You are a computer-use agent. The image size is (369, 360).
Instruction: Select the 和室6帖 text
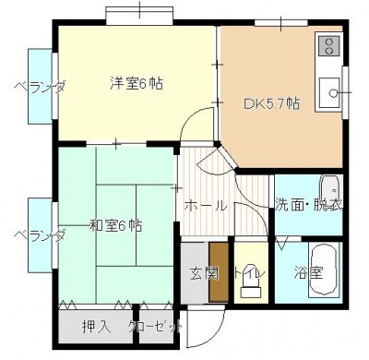pyautogui.click(x=116, y=224)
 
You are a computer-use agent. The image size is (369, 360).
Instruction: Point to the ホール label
pyautogui.click(x=205, y=206)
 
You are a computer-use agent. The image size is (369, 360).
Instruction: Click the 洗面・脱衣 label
pyautogui.click(x=309, y=205)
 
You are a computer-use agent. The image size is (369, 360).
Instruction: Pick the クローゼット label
pyautogui.click(x=153, y=326)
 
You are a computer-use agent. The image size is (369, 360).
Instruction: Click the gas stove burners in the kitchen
pyautogui.click(x=329, y=45)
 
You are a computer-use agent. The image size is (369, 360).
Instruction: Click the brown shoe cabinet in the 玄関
pyautogui.click(x=219, y=270)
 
